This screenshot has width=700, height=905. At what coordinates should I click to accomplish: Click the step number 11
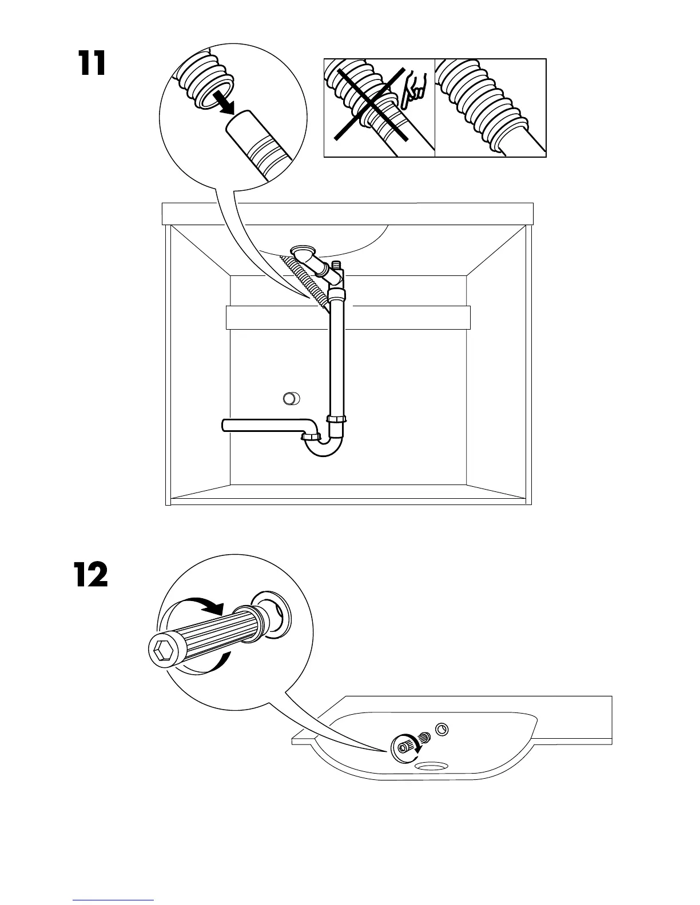pyautogui.click(x=92, y=63)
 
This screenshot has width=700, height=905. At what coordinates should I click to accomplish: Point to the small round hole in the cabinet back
pyautogui.click(x=292, y=398)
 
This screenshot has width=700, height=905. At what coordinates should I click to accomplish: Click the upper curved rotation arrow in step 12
pyautogui.click(x=200, y=606)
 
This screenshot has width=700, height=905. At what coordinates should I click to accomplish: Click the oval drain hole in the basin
pyautogui.click(x=433, y=766)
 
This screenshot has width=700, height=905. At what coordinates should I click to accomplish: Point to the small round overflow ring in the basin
pyautogui.click(x=442, y=730)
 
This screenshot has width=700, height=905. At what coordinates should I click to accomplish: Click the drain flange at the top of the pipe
pyautogui.click(x=303, y=251)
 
